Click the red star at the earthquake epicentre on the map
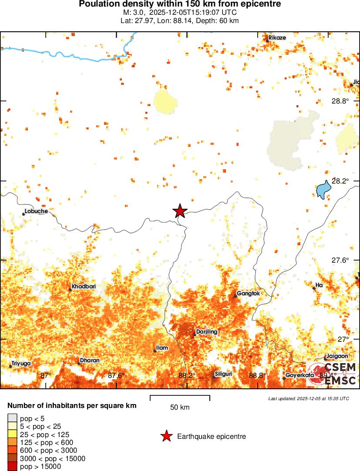[x=180, y=211]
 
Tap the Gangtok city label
[x=248, y=294]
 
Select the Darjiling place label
[x=207, y=332]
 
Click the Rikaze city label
[x=277, y=38]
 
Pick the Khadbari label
[x=84, y=287]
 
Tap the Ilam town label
[x=162, y=348]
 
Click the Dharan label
[x=90, y=361]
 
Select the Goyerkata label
[x=299, y=375]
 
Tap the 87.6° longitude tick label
[x=116, y=375]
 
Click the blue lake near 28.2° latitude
[x=323, y=189]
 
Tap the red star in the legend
[x=166, y=436]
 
